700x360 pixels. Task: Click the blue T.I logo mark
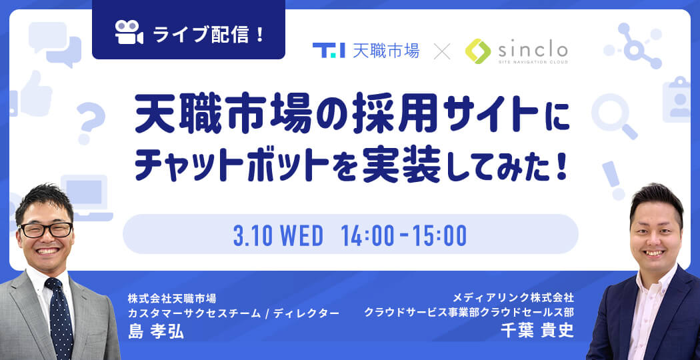pyautogui.click(x=329, y=50)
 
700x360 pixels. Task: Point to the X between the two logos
pyautogui.click(x=443, y=51)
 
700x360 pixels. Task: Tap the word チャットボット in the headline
pyautogui.click(x=229, y=166)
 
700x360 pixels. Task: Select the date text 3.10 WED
pyautogui.click(x=278, y=235)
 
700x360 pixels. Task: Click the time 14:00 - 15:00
pyautogui.click(x=403, y=235)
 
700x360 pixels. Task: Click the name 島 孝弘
pyautogui.click(x=156, y=331)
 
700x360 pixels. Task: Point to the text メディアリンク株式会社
pyautogui.click(x=513, y=297)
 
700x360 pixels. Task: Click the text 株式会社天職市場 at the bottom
pyautogui.click(x=172, y=297)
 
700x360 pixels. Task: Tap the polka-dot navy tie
pyautogui.click(x=60, y=317)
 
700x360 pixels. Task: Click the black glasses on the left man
pyautogui.click(x=46, y=229)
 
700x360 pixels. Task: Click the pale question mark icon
pyautogui.click(x=91, y=122)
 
